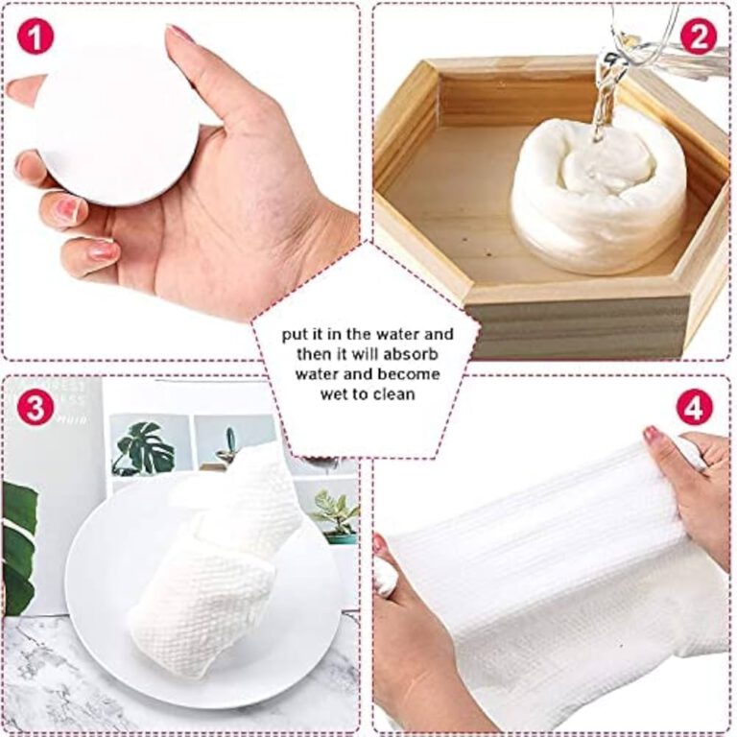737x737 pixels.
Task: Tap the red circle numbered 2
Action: click(x=699, y=36)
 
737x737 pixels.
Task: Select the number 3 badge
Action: click(x=36, y=408)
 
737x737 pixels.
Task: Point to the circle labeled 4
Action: click(x=694, y=408)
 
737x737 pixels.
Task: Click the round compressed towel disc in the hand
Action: click(x=116, y=125)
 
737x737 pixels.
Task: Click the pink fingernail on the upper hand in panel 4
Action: click(x=653, y=434)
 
